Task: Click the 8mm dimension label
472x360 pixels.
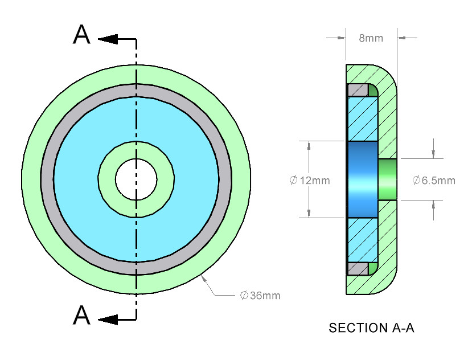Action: (x=371, y=38)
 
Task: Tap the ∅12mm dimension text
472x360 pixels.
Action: (x=310, y=181)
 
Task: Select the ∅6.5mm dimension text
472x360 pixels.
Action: (x=434, y=181)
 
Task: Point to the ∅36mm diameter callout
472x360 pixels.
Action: (x=260, y=296)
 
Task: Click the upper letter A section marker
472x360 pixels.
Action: (x=82, y=35)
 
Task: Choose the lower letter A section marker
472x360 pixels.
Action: (x=82, y=315)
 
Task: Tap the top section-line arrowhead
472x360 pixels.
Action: (x=108, y=39)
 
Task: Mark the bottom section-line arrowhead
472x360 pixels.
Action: (x=108, y=320)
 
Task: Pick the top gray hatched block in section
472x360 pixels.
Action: (x=357, y=91)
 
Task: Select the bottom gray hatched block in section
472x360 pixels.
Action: (x=357, y=268)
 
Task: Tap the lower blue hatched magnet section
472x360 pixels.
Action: (x=362, y=239)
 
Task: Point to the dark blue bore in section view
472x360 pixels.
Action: (x=362, y=179)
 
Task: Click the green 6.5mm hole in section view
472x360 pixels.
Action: (x=387, y=179)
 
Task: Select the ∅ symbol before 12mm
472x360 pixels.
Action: (x=293, y=181)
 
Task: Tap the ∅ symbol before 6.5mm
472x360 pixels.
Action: (x=416, y=181)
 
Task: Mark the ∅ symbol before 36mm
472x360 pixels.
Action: (x=244, y=296)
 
